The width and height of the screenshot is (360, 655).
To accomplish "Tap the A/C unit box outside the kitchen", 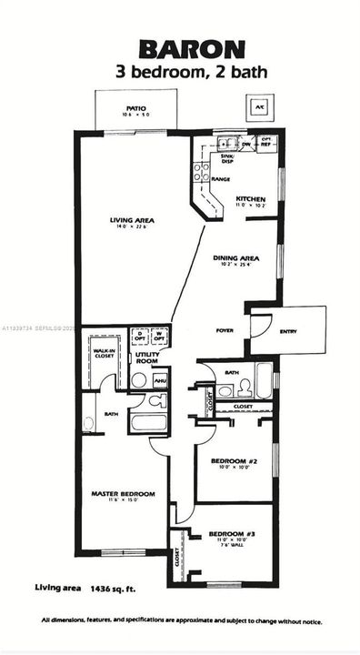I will (258, 106).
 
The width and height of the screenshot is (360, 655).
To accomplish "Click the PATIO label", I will (136, 110).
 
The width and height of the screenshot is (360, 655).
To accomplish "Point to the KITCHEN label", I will (250, 198).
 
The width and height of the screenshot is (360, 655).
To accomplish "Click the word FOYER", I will (225, 330).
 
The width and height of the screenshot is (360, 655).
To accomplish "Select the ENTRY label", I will (288, 331).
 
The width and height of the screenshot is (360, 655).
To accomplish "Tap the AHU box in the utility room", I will (159, 380).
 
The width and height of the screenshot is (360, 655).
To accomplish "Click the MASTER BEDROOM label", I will (123, 494).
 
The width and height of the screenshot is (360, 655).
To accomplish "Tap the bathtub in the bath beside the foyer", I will (263, 382).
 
